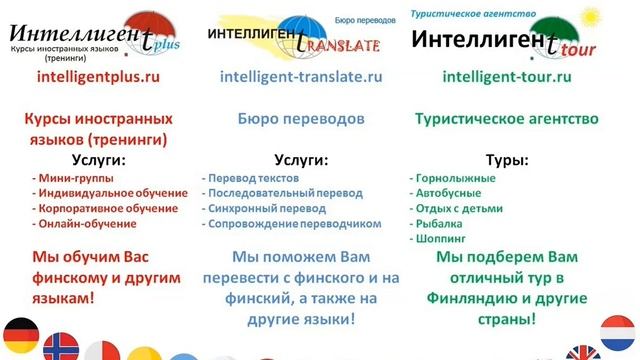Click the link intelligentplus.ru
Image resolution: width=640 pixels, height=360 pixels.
[x=98, y=75]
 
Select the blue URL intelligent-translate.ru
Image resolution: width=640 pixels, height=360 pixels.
[x=300, y=75]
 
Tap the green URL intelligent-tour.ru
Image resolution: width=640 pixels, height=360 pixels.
[x=506, y=75]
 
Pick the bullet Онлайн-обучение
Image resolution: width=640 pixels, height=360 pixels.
[x=85, y=224]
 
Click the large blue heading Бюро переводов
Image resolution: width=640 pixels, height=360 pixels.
[x=300, y=119]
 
